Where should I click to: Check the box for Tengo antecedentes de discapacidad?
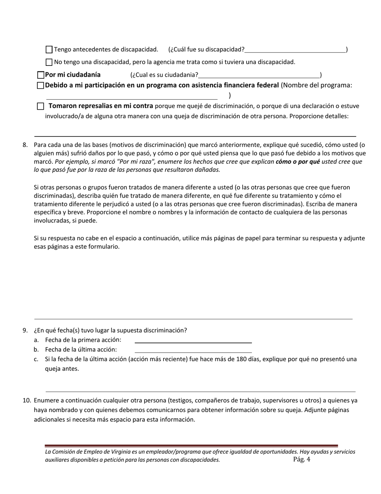click(49, 50)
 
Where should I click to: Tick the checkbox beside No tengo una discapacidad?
click(49, 62)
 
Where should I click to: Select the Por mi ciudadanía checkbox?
click(41, 75)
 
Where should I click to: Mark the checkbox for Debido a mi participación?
click(41, 86)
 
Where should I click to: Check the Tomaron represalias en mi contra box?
click(41, 106)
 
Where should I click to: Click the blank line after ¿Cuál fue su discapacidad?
click(295, 50)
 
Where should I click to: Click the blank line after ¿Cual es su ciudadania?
click(259, 75)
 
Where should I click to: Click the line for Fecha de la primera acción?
click(193, 340)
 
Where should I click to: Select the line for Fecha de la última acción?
click(193, 350)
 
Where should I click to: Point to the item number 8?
click(25, 145)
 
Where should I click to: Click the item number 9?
click(25, 331)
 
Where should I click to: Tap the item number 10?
click(26, 400)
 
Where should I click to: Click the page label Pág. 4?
click(302, 459)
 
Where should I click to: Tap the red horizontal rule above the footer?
click(191, 445)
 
